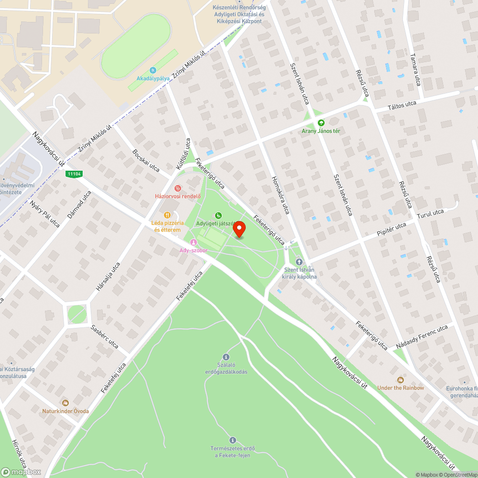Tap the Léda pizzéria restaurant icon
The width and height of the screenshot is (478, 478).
coord(167,215)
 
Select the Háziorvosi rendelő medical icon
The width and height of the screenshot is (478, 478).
coord(178,188)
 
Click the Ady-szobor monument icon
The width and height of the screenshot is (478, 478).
coord(193,242)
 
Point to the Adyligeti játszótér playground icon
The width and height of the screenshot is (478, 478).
coord(218,216)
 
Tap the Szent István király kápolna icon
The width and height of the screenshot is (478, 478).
coord(299,261)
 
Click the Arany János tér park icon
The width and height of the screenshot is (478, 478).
coord(321,123)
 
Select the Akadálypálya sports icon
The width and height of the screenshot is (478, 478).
coord(152,70)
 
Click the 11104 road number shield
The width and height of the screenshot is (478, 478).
coord(75,175)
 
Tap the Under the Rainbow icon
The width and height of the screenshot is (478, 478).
coord(401,380)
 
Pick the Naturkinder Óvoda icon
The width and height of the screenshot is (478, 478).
coord(65,403)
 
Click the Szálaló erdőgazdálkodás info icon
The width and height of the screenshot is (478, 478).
coord(226,357)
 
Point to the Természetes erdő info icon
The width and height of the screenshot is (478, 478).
coord(233,440)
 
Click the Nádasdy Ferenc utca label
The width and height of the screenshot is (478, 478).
coord(422,337)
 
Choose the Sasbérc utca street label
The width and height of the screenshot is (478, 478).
coord(105,337)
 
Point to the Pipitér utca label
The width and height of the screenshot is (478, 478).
coord(391,231)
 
